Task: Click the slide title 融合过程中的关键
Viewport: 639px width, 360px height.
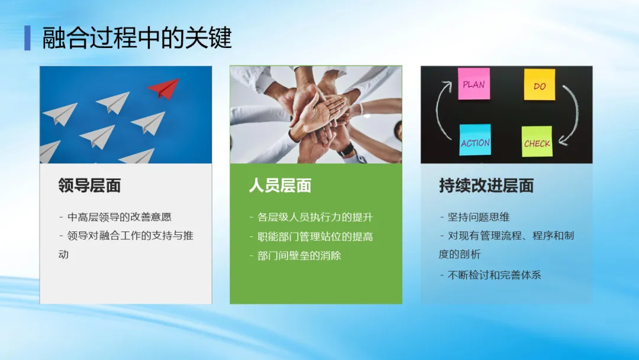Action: (x=137, y=37)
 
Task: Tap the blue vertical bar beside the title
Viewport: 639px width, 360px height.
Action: (x=27, y=38)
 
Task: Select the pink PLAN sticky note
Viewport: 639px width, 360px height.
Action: (x=473, y=83)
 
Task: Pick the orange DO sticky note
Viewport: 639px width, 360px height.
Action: (x=540, y=85)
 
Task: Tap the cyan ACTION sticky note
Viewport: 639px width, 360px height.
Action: (x=475, y=140)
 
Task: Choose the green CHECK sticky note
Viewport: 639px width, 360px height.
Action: (x=537, y=142)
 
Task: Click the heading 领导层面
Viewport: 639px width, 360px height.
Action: (x=89, y=185)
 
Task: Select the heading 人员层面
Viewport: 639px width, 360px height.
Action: (x=280, y=185)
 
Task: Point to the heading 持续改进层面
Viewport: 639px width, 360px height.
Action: (x=486, y=185)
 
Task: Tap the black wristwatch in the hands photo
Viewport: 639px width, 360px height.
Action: (x=346, y=149)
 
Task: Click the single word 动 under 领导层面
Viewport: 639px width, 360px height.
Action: (x=63, y=255)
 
